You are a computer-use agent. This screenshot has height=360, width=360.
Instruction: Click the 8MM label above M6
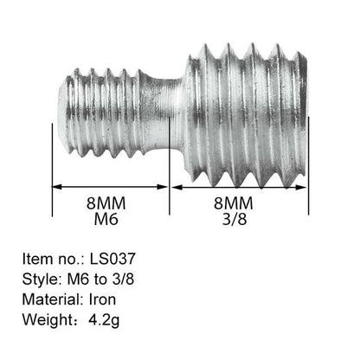[106, 203]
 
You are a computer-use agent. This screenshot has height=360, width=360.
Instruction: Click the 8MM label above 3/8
[234, 203]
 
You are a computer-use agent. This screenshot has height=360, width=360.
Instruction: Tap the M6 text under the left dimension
[106, 219]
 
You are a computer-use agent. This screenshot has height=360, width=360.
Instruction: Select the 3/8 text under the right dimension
[235, 219]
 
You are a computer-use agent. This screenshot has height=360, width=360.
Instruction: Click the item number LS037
[112, 259]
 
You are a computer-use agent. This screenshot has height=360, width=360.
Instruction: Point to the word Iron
[102, 299]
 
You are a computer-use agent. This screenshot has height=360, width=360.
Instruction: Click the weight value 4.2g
[104, 320]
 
